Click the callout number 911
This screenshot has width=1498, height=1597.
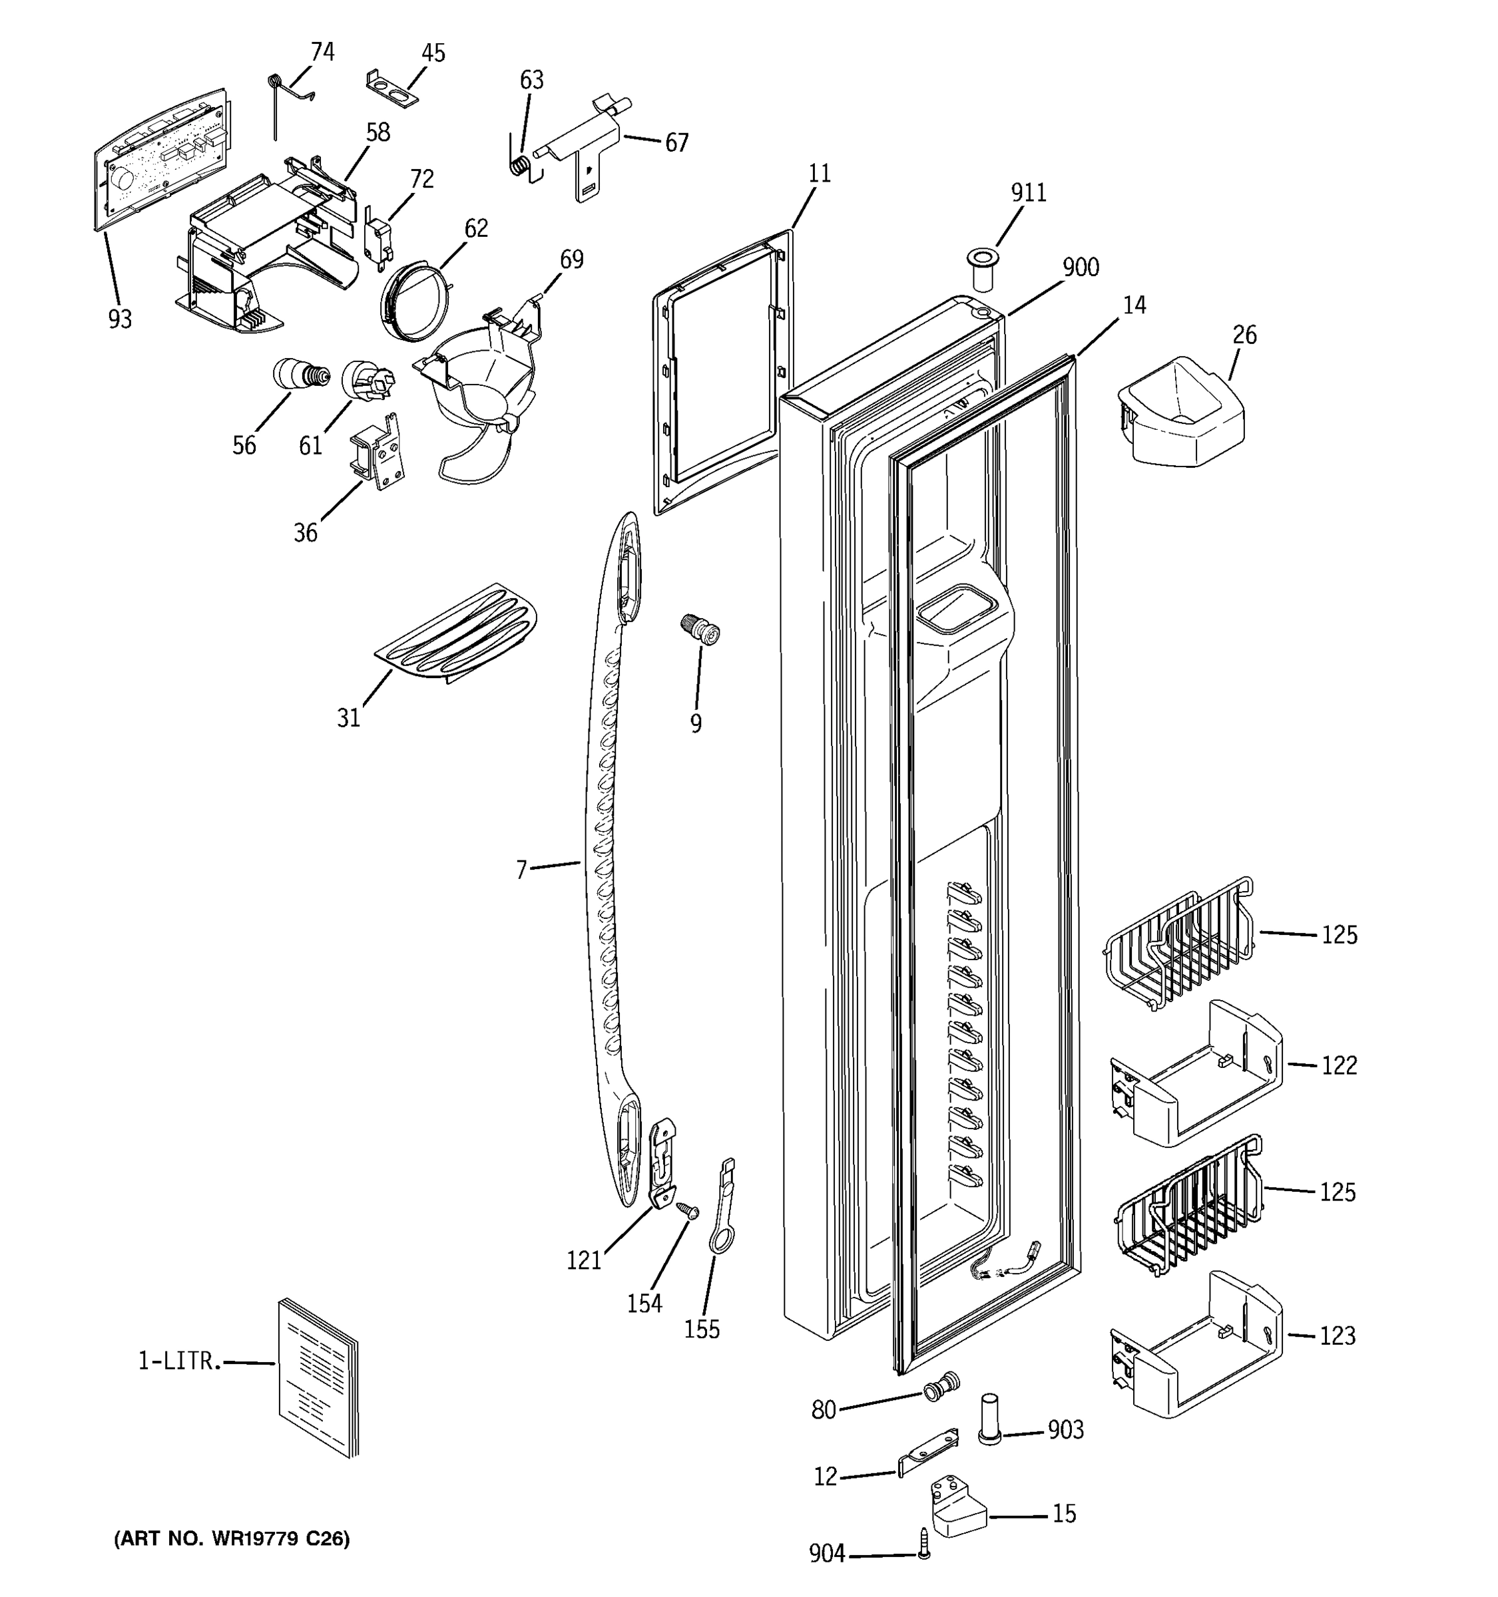1028,193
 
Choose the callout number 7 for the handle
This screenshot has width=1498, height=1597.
521,869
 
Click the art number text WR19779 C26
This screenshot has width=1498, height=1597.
232,1538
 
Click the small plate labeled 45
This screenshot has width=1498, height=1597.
393,89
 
